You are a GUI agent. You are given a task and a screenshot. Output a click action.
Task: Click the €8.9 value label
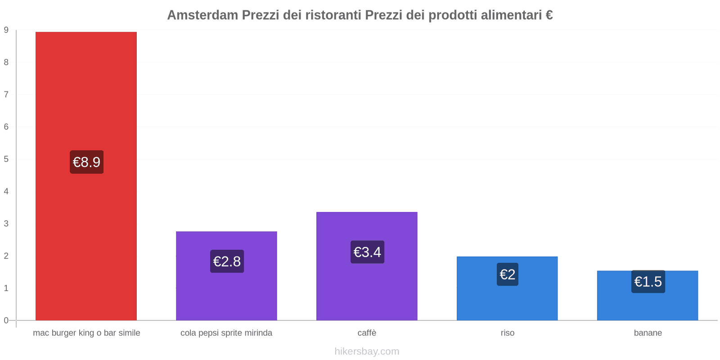point(86,162)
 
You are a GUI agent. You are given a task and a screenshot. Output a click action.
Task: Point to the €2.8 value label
point(227,261)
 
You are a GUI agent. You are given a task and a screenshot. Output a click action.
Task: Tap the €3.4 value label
point(367,252)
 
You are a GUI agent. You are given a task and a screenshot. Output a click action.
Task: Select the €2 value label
point(508,274)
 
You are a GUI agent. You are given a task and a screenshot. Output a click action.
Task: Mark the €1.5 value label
point(648,282)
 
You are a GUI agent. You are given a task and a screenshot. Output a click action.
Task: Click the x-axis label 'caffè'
point(367,333)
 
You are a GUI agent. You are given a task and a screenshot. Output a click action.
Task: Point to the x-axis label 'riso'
point(508,333)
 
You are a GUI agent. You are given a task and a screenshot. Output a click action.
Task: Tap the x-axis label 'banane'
point(648,333)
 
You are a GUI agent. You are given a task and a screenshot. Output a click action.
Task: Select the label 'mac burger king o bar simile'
point(86,333)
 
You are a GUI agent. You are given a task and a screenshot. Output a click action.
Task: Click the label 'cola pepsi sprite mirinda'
point(226,333)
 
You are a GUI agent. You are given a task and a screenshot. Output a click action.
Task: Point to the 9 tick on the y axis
point(6,30)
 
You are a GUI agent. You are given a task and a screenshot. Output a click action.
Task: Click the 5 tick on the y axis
point(6,159)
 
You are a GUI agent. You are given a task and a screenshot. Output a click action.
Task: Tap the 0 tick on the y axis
point(6,320)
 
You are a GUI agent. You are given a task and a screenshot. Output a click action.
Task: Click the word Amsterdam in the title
point(202,15)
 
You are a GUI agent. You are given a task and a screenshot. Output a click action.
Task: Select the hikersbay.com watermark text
point(367,351)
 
